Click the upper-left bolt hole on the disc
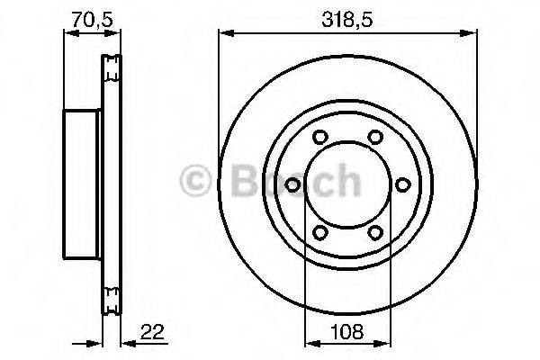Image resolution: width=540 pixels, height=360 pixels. (x=320, y=139)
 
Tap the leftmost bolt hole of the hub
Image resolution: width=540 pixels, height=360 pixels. (x=292, y=185)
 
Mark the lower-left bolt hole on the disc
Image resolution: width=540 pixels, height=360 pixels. (x=320, y=232)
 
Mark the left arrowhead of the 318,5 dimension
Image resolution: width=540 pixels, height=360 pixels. (x=224, y=33)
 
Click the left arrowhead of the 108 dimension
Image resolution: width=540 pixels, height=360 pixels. (x=310, y=343)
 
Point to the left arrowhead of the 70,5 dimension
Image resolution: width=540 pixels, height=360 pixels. (x=68, y=33)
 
